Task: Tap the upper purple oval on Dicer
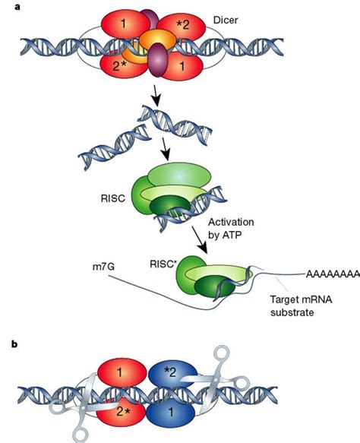[x=144, y=19]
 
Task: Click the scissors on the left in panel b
[x=91, y=407]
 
